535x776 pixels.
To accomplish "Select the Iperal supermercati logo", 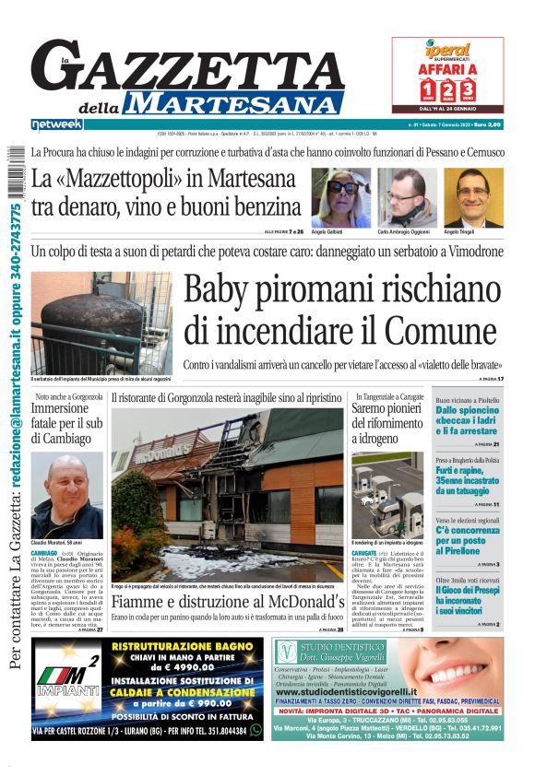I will coord(447,51).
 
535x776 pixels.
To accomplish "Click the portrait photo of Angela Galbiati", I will coord(340,196).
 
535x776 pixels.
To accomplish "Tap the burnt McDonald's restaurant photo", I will coord(227,495).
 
